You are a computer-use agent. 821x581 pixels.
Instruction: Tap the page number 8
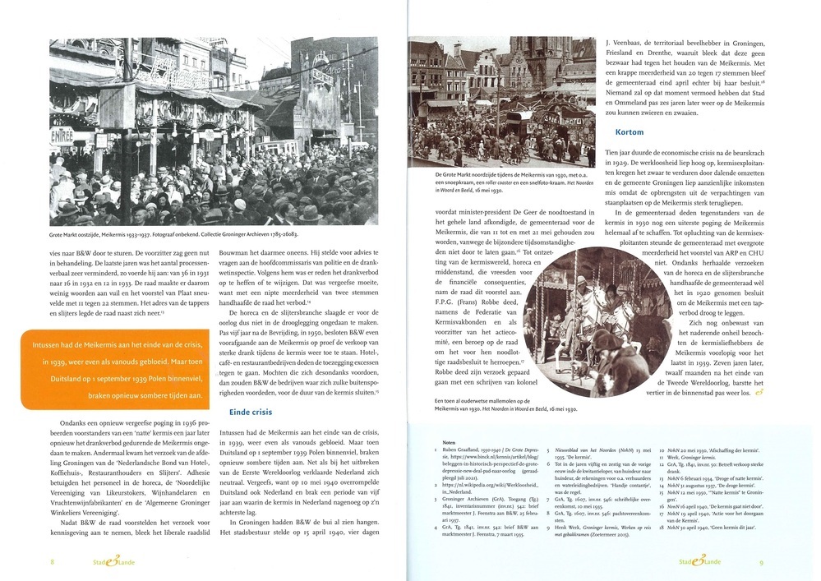tap(53, 562)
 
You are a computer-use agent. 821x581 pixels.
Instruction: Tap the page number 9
tap(762, 562)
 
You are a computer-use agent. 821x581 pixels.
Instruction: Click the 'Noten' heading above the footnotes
tap(449, 440)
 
